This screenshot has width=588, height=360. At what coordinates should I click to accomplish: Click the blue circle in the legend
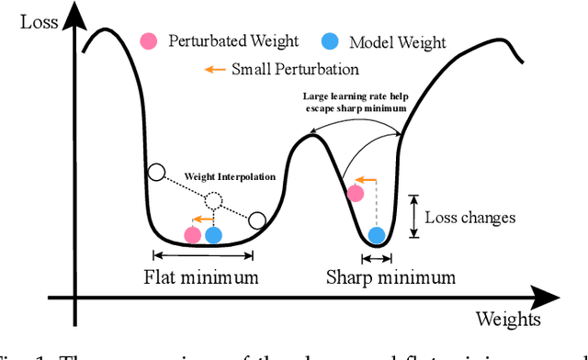coord(330,41)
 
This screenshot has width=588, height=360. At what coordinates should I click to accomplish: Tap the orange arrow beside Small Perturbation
coord(214,69)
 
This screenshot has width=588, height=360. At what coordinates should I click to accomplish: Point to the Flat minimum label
coord(199,276)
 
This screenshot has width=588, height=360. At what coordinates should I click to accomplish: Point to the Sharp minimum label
coord(390,276)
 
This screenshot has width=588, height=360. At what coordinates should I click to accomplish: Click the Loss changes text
coord(469,218)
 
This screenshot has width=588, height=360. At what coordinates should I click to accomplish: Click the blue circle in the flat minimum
coord(214,235)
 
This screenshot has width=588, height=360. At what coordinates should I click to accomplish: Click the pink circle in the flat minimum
coord(192,235)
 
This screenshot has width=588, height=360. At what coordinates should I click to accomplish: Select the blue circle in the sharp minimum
coord(377,235)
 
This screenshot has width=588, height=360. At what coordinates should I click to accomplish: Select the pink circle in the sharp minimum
coord(356,194)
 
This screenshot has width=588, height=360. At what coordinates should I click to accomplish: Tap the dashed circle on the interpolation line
coord(213,201)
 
